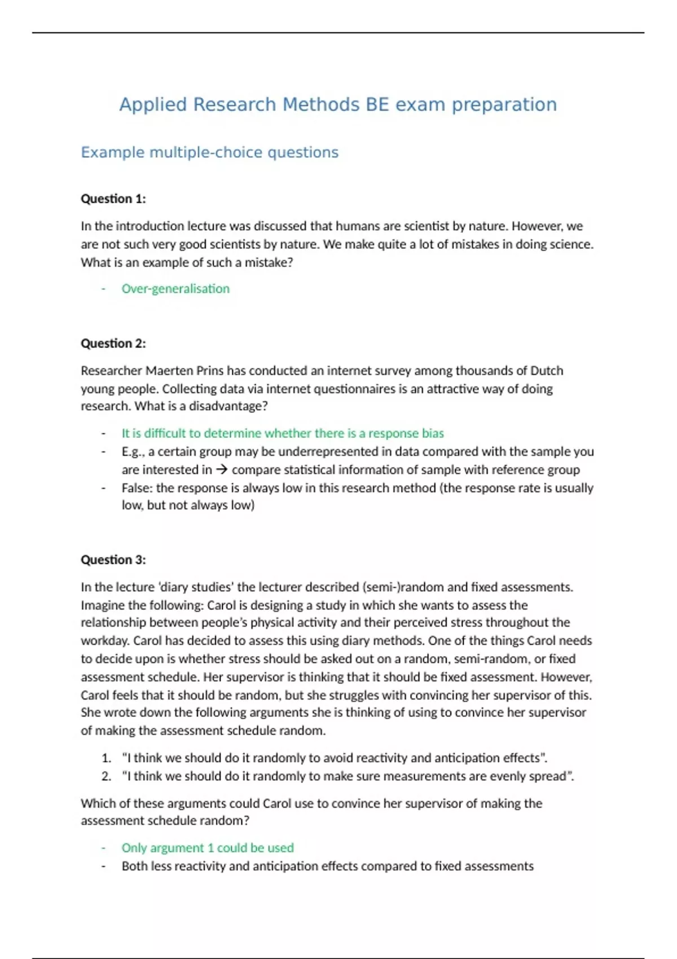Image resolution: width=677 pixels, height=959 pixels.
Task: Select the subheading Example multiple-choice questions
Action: (209, 152)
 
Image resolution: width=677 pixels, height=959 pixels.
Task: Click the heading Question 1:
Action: (113, 199)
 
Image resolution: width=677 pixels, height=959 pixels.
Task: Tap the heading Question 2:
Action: (113, 343)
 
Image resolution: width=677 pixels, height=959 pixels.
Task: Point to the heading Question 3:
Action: (113, 560)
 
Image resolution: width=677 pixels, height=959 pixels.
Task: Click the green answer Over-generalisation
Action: (175, 289)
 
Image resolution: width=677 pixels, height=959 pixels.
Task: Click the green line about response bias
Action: (283, 433)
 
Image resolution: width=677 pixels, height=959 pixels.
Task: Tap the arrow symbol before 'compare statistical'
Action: (222, 470)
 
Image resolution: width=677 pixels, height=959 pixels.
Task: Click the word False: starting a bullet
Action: (137, 488)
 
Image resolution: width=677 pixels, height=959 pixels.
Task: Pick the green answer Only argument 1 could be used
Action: (208, 848)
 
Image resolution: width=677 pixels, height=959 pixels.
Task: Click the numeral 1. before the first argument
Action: (107, 758)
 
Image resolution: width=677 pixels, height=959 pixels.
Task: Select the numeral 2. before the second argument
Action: (107, 776)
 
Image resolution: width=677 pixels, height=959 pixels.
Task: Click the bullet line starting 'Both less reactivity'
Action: (327, 866)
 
